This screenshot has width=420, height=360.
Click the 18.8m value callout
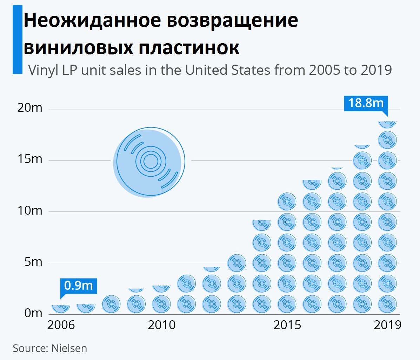[366, 103]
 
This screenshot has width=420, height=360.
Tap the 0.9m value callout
[78, 286]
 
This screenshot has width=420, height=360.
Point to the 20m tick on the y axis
[30, 107]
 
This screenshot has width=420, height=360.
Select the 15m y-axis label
[30, 159]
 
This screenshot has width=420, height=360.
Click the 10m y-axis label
[30, 211]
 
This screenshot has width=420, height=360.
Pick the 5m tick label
[33, 262]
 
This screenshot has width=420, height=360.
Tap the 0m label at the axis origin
[33, 313]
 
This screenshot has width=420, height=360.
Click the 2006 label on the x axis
[61, 325]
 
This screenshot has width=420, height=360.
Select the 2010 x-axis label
[161, 325]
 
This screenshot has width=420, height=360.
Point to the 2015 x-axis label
[287, 325]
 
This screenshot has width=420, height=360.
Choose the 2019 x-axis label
[387, 325]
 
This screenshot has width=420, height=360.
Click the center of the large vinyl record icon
[151, 161]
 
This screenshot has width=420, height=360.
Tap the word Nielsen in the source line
[69, 348]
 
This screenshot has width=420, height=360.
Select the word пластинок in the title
[189, 47]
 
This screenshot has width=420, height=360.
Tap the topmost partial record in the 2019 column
[387, 124]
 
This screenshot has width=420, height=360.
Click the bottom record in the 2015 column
[287, 304]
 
